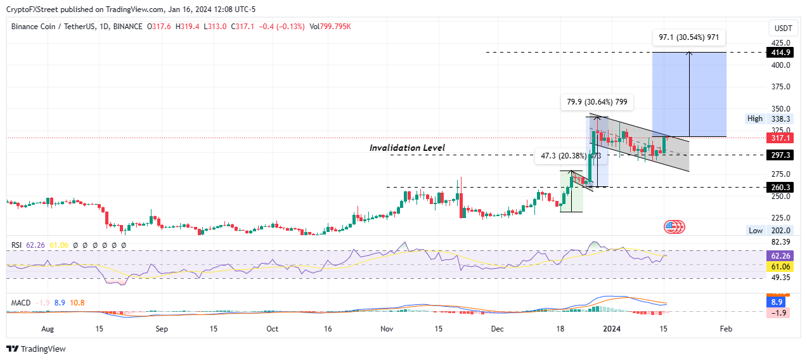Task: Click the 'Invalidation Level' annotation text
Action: tap(407, 148)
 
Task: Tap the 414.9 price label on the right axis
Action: tap(778, 52)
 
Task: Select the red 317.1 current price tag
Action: tap(778, 138)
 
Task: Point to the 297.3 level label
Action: tap(778, 155)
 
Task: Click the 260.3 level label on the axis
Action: tap(778, 187)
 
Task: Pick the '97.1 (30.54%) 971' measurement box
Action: tap(688, 37)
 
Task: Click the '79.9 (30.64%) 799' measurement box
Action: tap(596, 103)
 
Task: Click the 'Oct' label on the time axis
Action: tap(272, 329)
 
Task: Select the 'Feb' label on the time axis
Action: tap(726, 329)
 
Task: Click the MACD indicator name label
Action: tap(21, 303)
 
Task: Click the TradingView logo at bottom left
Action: tap(36, 349)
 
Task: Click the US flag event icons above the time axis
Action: tap(675, 226)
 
